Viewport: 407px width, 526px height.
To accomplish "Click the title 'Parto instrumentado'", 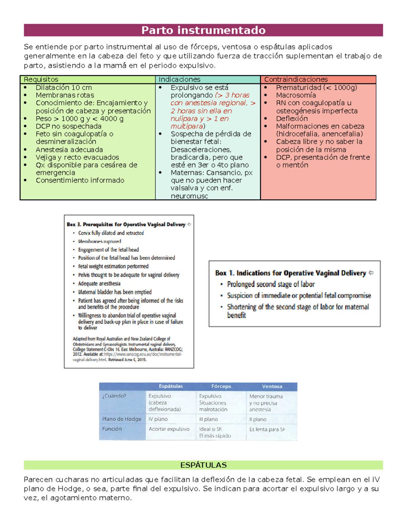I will (203, 30).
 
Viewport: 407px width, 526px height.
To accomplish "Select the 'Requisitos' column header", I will (41, 80).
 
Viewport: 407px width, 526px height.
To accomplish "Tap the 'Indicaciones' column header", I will (179, 80).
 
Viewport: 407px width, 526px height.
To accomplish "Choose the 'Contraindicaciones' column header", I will (296, 80).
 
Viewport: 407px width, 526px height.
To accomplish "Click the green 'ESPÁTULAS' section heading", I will (203, 465).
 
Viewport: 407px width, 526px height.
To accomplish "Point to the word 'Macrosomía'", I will (296, 95).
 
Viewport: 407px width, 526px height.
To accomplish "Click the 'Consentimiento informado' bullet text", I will (80, 180).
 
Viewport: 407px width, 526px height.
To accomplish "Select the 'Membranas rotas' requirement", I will (65, 95).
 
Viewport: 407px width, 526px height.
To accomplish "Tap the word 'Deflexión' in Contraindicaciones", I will (292, 119).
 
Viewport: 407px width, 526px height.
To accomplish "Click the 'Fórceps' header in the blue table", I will (221, 386).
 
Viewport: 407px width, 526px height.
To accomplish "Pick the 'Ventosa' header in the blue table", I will (272, 386).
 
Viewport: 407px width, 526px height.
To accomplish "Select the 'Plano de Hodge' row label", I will (121, 419).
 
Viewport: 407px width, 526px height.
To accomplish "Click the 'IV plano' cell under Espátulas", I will (158, 419).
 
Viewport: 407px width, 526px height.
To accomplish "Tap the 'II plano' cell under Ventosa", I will (258, 419).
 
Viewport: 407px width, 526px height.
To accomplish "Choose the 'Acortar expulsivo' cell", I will (169, 429).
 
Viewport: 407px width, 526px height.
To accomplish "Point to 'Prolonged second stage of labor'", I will (271, 284).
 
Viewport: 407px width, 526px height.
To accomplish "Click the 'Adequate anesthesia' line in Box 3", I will (99, 283).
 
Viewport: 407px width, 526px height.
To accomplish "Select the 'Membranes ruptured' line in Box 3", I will (99, 241).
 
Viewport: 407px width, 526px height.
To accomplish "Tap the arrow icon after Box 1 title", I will (371, 273).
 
